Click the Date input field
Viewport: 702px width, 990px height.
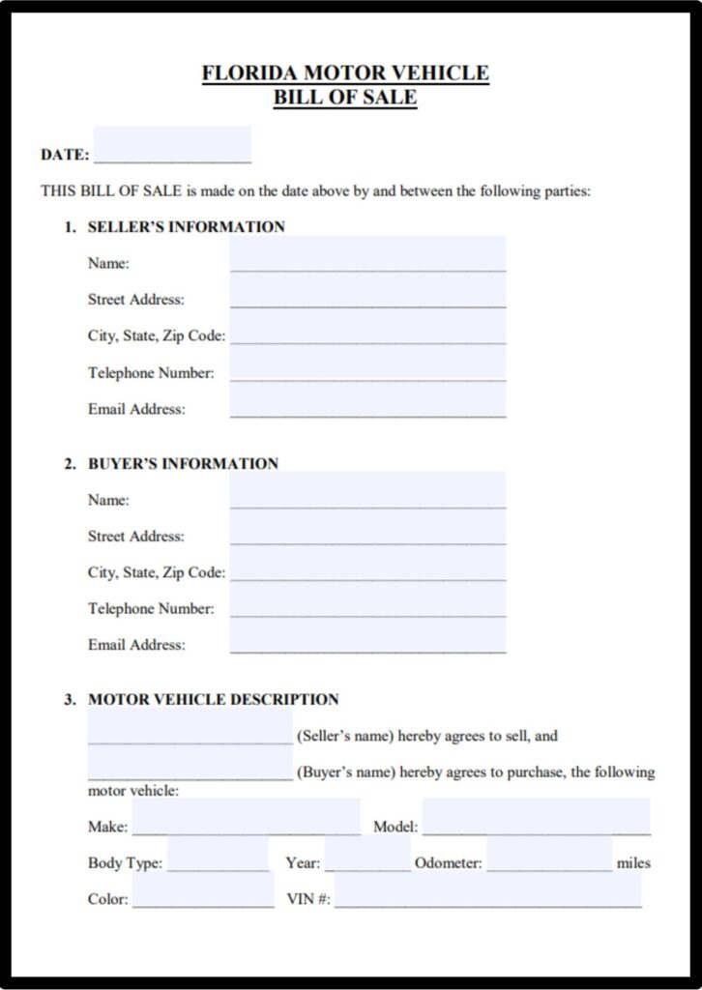pyautogui.click(x=172, y=146)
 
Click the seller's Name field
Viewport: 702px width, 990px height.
pyautogui.click(x=367, y=255)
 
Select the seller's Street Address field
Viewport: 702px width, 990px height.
pyautogui.click(x=367, y=291)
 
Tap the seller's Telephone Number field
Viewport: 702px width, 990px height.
pyautogui.click(x=367, y=364)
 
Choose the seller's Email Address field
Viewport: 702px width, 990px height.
pyautogui.click(x=367, y=401)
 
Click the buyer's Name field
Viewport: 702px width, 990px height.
pyautogui.click(x=367, y=491)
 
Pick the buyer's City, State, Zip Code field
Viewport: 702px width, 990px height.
pyautogui.click(x=367, y=564)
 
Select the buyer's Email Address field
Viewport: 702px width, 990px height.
pyautogui.click(x=367, y=636)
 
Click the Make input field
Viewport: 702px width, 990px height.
pyautogui.click(x=246, y=818)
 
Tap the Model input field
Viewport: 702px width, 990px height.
pyautogui.click(x=536, y=818)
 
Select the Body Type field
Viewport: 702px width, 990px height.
pyautogui.click(x=218, y=855)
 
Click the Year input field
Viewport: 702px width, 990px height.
pyautogui.click(x=367, y=855)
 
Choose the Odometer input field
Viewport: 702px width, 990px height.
pyautogui.click(x=549, y=855)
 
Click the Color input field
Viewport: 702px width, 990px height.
pyautogui.click(x=203, y=890)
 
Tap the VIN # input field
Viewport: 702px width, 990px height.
pyautogui.click(x=487, y=890)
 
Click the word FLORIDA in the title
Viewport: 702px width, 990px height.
pyautogui.click(x=249, y=73)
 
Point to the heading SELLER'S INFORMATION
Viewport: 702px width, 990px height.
pyautogui.click(x=187, y=227)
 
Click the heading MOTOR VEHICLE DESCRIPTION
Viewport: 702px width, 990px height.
pyautogui.click(x=214, y=699)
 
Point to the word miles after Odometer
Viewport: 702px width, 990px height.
pyautogui.click(x=633, y=862)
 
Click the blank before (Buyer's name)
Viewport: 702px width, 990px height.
pyautogui.click(x=190, y=764)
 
